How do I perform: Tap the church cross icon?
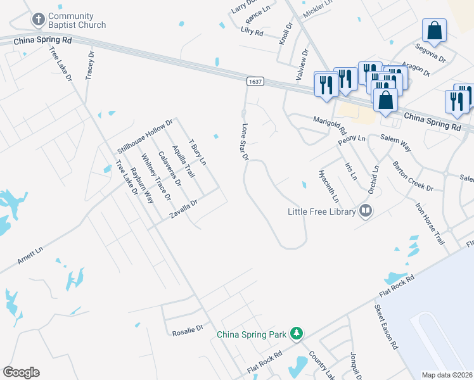click(x=38, y=19)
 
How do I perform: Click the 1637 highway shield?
click(x=255, y=82)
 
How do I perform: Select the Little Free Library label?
click(x=322, y=212)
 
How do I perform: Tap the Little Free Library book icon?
click(x=365, y=211)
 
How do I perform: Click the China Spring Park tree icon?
click(x=295, y=333)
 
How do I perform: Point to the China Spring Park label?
click(x=252, y=334)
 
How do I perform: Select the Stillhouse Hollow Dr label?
click(x=145, y=136)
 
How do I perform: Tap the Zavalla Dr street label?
click(x=184, y=209)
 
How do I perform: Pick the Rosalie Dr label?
click(x=187, y=329)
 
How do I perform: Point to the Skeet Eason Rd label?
click(x=385, y=327)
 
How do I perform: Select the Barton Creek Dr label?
click(x=412, y=177)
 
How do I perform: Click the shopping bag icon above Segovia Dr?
click(x=434, y=30)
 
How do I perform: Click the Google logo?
click(x=21, y=372)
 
